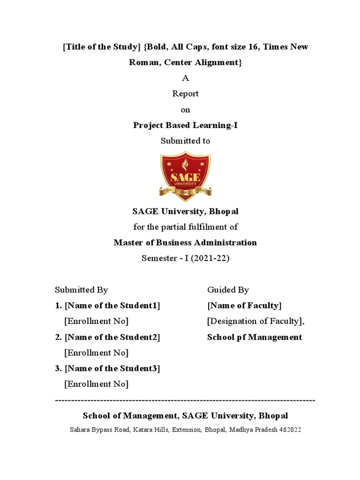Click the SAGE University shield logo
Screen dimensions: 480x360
[x=185, y=174]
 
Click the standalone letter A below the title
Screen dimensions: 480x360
[x=185, y=78]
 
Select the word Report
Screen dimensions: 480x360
[x=185, y=94]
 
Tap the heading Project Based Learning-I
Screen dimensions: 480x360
[x=185, y=125]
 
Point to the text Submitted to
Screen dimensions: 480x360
[x=185, y=141]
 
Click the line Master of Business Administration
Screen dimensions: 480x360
[x=185, y=243]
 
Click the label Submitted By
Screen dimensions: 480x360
[x=82, y=290]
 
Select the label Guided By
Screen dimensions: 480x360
[x=228, y=290]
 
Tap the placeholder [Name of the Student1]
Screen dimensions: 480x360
[x=112, y=306]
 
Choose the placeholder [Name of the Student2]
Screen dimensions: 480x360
[x=112, y=337]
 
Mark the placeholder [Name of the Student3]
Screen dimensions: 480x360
[x=112, y=368]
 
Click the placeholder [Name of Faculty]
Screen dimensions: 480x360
[x=244, y=306]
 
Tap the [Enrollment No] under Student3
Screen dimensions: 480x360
[x=96, y=384]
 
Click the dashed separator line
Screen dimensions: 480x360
[x=185, y=400]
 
